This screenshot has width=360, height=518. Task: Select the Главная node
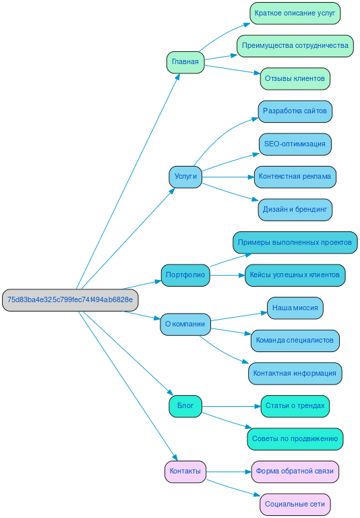click(x=185, y=62)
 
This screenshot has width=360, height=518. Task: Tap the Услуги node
click(x=185, y=177)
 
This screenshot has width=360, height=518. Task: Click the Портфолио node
click(x=185, y=275)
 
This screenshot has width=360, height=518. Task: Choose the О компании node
click(x=185, y=324)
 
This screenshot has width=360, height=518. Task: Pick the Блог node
click(x=185, y=406)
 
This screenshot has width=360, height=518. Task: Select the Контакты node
click(x=185, y=471)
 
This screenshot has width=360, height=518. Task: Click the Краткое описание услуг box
click(x=295, y=13)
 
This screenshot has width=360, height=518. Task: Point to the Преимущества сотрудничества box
click(x=295, y=46)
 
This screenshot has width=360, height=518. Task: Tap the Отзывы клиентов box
click(x=295, y=78)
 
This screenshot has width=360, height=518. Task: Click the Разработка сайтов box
click(x=295, y=111)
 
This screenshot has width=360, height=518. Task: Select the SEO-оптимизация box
click(x=295, y=144)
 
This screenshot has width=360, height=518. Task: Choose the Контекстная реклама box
click(x=295, y=177)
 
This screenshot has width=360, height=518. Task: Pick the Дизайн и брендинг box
click(x=295, y=210)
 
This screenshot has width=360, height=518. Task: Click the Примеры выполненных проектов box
click(x=295, y=242)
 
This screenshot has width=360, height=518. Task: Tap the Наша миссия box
click(x=295, y=308)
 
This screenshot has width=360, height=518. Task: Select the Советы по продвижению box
click(x=295, y=438)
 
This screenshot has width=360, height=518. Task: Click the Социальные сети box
click(x=295, y=504)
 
